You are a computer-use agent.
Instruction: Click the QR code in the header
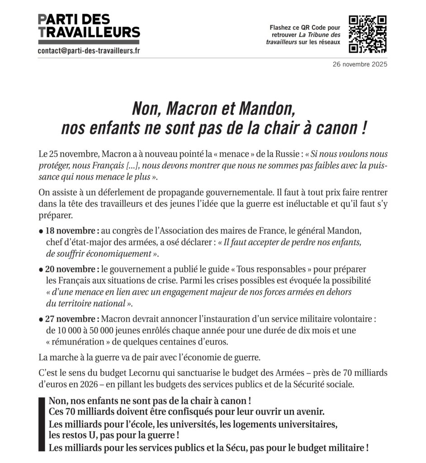(368, 34)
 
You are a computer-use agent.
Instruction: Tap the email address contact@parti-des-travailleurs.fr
(89, 50)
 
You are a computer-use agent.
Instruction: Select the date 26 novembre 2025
(360, 64)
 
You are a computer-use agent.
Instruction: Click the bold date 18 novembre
(70, 231)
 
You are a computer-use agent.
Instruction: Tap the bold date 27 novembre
(70, 319)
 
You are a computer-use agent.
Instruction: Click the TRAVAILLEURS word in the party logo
(89, 33)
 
